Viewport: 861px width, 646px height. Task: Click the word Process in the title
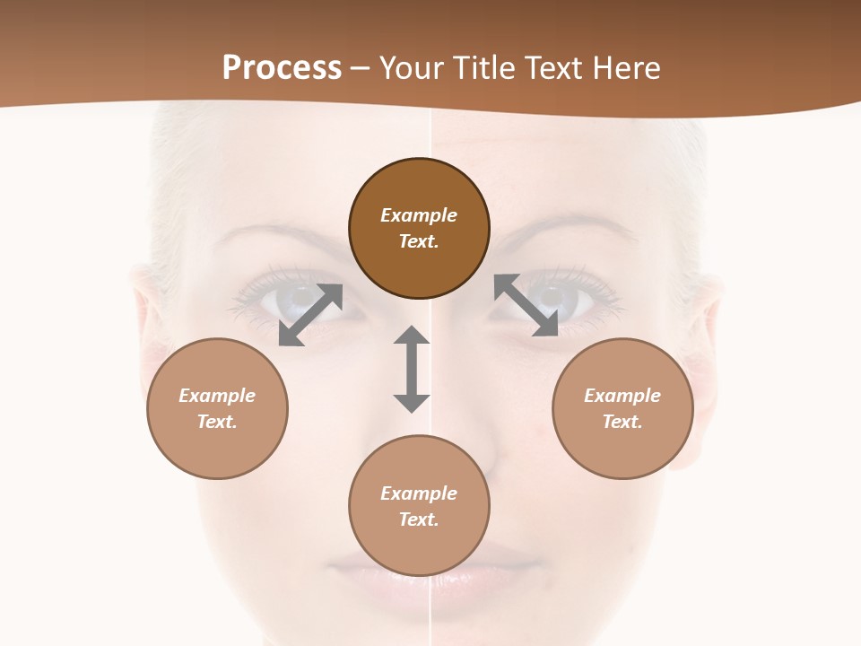[x=282, y=68]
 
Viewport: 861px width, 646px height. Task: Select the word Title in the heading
[x=485, y=68]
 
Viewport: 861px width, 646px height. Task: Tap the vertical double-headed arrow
[x=412, y=369]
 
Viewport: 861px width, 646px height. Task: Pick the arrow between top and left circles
[x=310, y=314]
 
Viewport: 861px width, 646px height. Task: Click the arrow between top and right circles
[x=526, y=305]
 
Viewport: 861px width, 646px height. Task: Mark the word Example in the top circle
[x=419, y=215]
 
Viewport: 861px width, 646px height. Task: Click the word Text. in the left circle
[x=217, y=422]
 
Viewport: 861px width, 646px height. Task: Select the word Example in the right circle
[x=622, y=396]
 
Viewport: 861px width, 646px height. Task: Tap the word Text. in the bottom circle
[x=419, y=519]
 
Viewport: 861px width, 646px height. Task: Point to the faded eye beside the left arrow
[x=269, y=301]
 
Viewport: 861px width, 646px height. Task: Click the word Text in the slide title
[x=552, y=68]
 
